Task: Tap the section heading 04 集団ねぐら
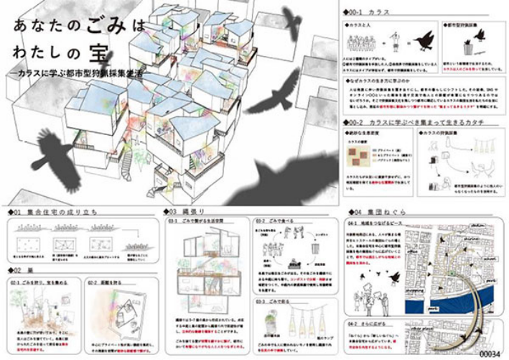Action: coord(373,213)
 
